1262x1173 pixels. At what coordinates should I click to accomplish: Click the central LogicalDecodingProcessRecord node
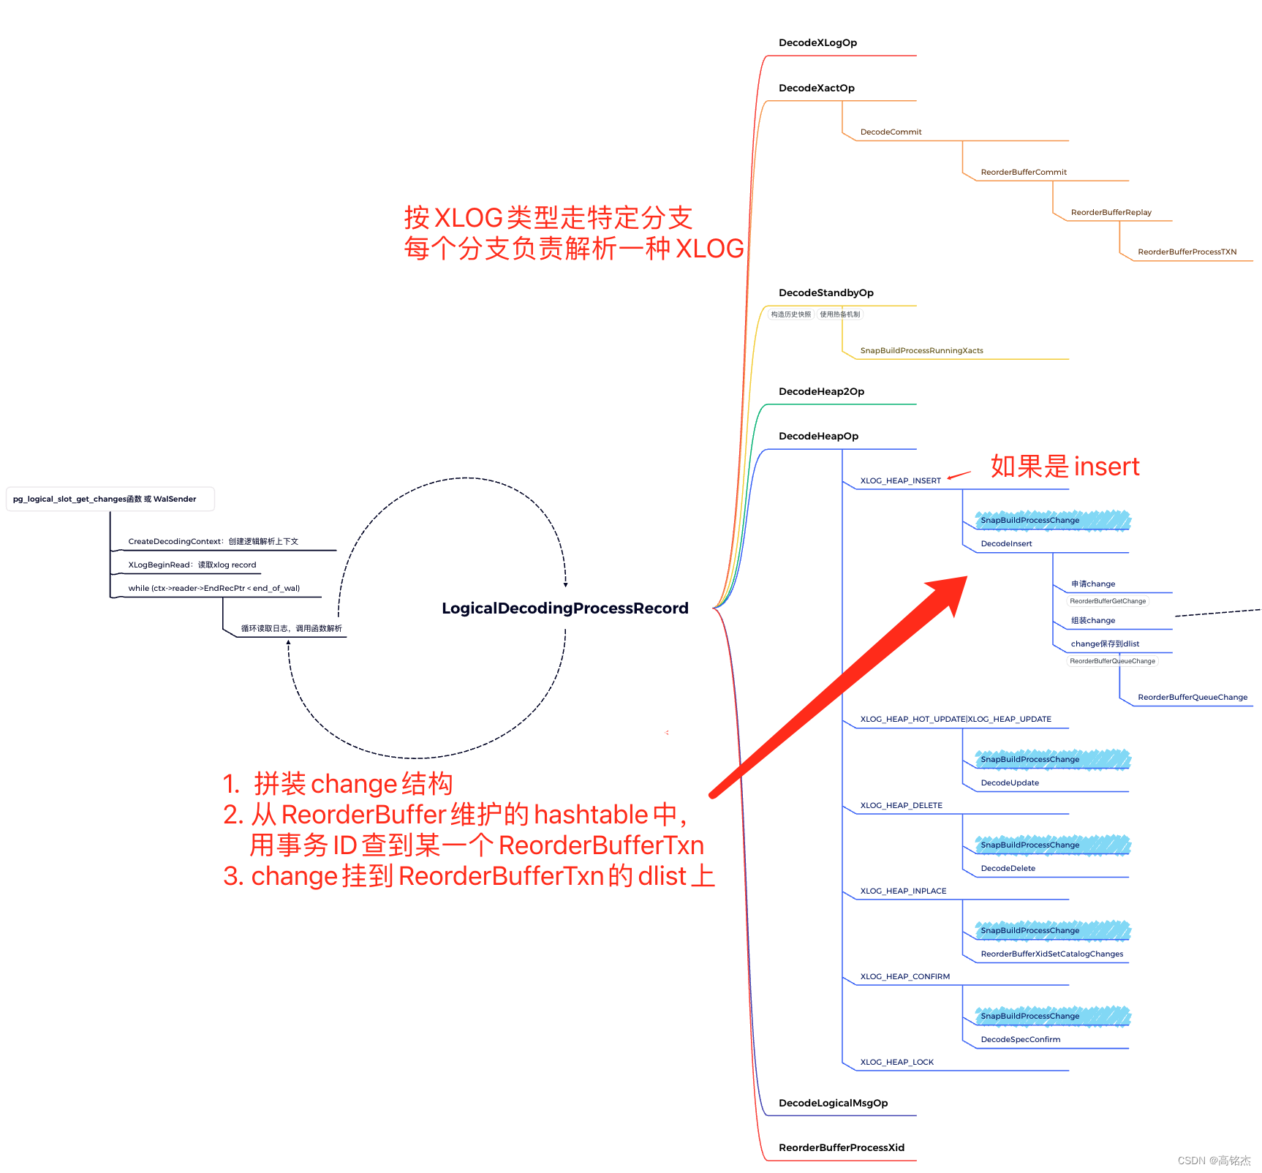click(564, 608)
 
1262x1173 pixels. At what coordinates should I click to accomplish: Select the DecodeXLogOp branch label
click(817, 43)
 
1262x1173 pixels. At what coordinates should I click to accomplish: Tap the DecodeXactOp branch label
click(816, 88)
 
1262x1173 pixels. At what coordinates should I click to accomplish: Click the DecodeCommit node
click(891, 132)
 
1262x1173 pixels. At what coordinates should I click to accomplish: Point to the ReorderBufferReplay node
click(1111, 213)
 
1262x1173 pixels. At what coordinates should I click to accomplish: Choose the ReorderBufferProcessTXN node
click(1187, 252)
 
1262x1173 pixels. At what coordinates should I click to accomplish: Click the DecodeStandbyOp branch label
click(825, 293)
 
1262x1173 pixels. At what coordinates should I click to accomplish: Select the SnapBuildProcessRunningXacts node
click(921, 351)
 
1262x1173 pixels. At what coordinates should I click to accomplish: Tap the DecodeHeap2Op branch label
click(821, 392)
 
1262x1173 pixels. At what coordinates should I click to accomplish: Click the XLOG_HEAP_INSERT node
click(900, 481)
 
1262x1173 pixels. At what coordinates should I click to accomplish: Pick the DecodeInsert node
click(1006, 544)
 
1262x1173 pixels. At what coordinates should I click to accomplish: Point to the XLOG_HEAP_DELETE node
click(901, 806)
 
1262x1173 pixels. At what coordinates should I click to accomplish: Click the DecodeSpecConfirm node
click(1020, 1040)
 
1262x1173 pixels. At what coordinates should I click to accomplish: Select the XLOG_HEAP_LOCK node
click(896, 1063)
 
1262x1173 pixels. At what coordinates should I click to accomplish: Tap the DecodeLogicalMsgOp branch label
click(833, 1104)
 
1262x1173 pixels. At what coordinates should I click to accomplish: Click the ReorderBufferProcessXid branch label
click(841, 1148)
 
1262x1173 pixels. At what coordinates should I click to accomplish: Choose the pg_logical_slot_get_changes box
click(110, 499)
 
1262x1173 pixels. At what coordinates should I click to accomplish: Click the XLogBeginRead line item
click(192, 565)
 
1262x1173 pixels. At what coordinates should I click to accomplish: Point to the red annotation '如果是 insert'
click(1065, 467)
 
